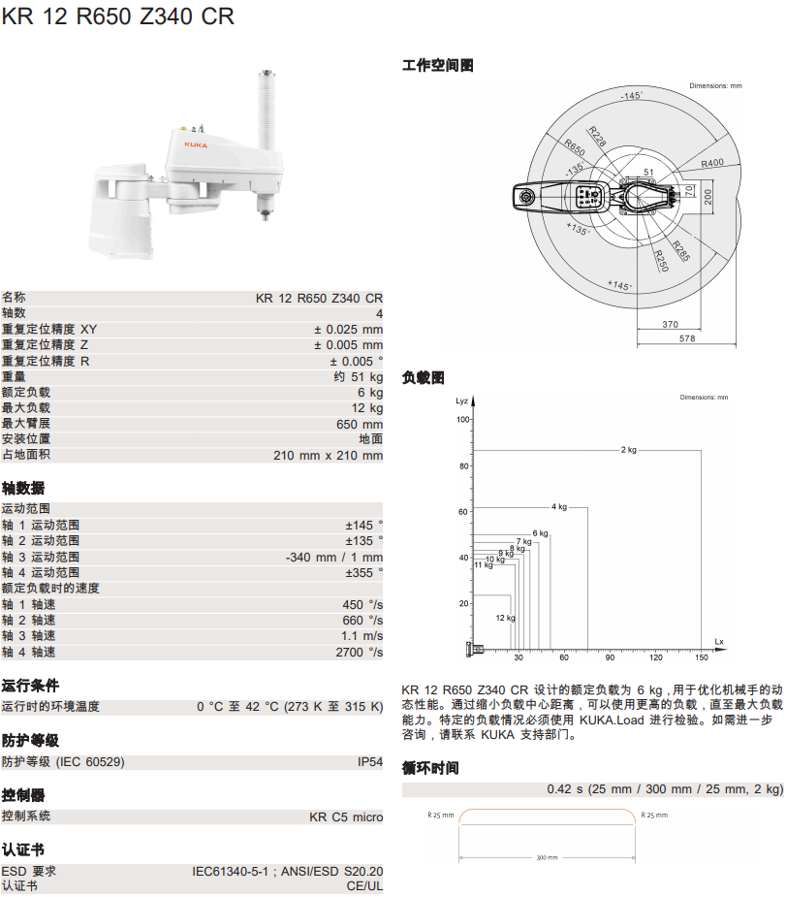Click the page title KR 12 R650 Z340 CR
[117, 17]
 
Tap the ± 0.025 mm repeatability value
[348, 329]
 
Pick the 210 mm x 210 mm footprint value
[328, 455]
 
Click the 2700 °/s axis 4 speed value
[359, 653]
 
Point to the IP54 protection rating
[370, 762]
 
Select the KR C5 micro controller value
[346, 817]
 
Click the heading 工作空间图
[438, 66]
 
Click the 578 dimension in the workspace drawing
[687, 338]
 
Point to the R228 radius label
[597, 136]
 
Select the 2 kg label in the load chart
[629, 449]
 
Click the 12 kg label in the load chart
[505, 618]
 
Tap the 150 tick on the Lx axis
[702, 657]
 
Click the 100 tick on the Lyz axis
[463, 419]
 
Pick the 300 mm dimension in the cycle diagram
[547, 857]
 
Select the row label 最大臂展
[26, 424]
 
